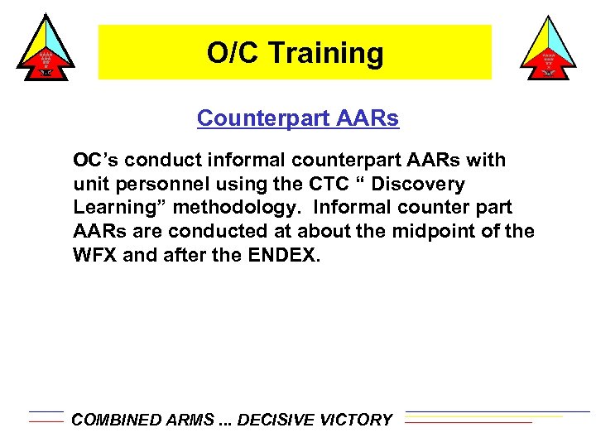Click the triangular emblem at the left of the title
coord(46,47)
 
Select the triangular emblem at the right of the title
coord(547,47)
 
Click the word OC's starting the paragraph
coord(93,159)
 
